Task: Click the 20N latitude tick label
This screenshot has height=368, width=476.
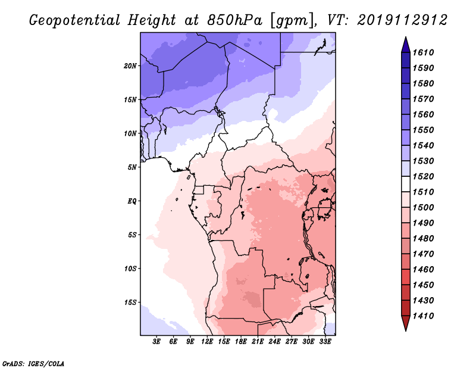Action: coord(130,66)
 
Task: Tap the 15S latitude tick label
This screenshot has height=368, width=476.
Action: coord(130,302)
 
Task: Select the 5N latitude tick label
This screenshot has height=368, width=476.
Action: coord(132,167)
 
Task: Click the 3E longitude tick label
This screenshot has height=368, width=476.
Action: coord(157,342)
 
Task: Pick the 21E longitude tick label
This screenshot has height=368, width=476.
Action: coord(258,342)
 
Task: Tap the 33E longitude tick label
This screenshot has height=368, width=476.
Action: coord(325,342)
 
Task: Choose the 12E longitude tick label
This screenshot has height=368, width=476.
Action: coord(208,342)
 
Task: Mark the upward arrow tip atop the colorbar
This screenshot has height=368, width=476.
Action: coord(405,38)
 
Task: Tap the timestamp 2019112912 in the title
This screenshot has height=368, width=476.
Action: coord(402,21)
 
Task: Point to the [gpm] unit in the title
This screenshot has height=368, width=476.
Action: coord(290,21)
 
